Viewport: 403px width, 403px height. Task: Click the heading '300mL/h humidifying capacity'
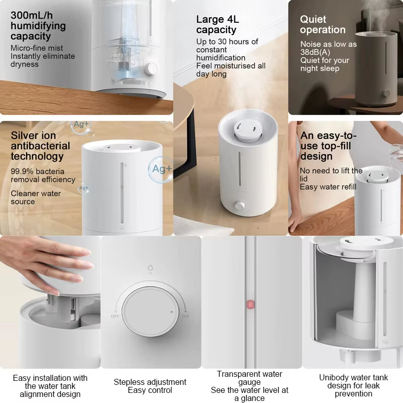[38, 26]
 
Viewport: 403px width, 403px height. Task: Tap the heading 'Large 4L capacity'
[218, 24]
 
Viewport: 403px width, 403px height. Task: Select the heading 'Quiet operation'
[322, 24]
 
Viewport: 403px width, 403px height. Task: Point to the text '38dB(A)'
[315, 52]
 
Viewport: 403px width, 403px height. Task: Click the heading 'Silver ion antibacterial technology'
[40, 146]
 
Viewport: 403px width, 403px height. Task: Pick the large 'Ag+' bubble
[161, 169]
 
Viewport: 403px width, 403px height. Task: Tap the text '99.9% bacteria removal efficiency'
[43, 175]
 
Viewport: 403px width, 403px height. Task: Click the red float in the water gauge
[250, 305]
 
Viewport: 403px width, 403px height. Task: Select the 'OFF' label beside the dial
[115, 316]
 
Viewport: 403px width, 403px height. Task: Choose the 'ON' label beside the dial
[185, 316]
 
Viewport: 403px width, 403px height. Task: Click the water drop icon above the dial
[150, 268]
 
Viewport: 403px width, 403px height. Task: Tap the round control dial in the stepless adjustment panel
[150, 311]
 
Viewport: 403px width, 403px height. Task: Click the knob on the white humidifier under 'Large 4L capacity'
[240, 206]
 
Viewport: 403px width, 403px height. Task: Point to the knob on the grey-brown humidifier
[385, 94]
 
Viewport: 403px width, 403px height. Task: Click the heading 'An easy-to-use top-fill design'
[328, 146]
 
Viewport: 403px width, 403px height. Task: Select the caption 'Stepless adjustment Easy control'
[150, 386]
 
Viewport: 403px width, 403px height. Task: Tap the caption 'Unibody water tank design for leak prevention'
[354, 385]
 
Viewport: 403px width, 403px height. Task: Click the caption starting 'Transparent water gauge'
[249, 386]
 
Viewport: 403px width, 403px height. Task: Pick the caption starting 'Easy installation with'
[50, 386]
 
